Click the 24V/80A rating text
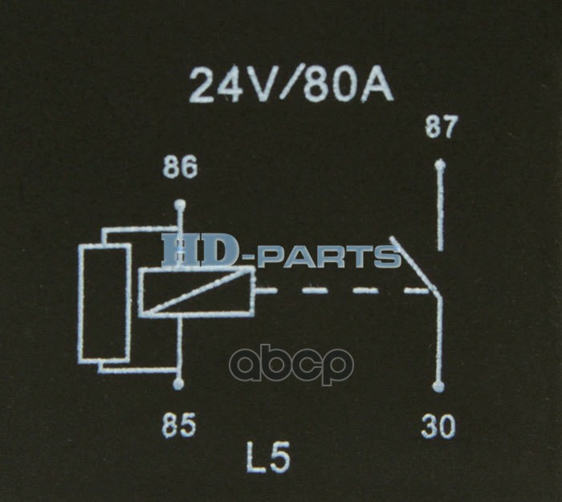291,85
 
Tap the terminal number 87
441,128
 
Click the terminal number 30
438,426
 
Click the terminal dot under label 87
439,165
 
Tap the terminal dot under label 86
179,203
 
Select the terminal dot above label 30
438,387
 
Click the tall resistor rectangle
104,303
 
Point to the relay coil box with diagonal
196,291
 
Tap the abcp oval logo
291,365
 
